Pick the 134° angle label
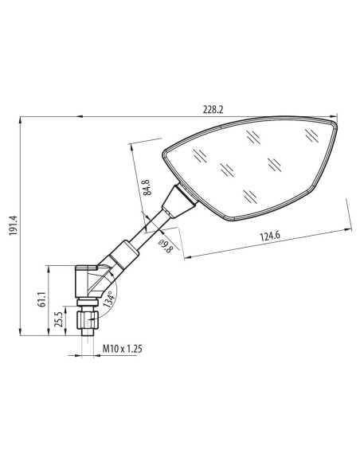click(108, 299)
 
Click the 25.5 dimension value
click(60, 318)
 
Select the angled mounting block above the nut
click(86, 283)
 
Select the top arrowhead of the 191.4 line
click(18, 123)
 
